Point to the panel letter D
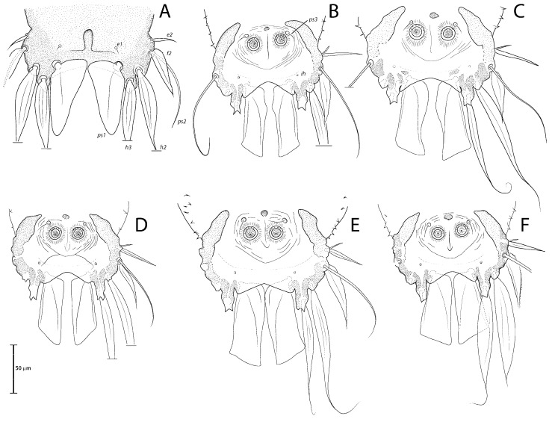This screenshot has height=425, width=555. pyautogui.click(x=141, y=226)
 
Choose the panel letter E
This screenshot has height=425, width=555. pyautogui.click(x=354, y=226)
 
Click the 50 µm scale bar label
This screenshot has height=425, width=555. pyautogui.click(x=23, y=368)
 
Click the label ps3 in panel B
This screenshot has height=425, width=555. pyautogui.click(x=312, y=20)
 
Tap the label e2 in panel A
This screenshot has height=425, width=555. pyautogui.click(x=170, y=34)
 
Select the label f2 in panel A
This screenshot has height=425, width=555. pyautogui.click(x=170, y=53)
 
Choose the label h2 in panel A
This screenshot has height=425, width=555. pyautogui.click(x=164, y=146)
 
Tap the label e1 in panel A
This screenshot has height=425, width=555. pyautogui.click(x=120, y=45)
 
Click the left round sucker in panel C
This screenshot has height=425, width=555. pyautogui.click(x=417, y=32)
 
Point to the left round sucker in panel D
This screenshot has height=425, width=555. pyautogui.click(x=55, y=233)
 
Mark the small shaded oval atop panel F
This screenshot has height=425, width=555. pyautogui.click(x=448, y=217)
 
